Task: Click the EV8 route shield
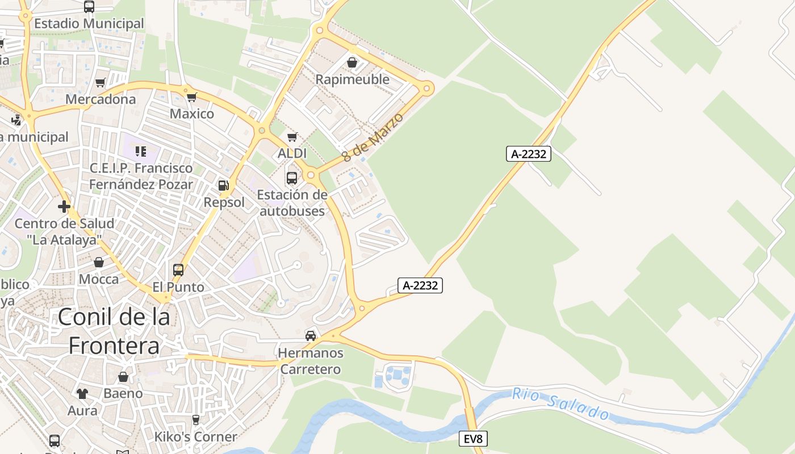pyautogui.click(x=472, y=438)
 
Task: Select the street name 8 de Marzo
pyautogui.click(x=373, y=137)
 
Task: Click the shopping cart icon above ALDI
pyautogui.click(x=292, y=137)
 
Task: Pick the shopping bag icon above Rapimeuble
pyautogui.click(x=352, y=62)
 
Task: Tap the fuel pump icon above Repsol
pyautogui.click(x=224, y=185)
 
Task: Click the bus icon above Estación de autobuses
pyautogui.click(x=292, y=178)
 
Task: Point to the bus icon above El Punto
pyautogui.click(x=178, y=270)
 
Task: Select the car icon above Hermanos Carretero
pyautogui.click(x=311, y=335)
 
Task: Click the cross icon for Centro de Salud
pyautogui.click(x=64, y=206)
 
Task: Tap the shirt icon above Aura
pyautogui.click(x=82, y=393)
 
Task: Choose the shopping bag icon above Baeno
pyautogui.click(x=123, y=377)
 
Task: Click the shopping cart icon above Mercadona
pyautogui.click(x=101, y=83)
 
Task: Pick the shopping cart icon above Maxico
pyautogui.click(x=192, y=97)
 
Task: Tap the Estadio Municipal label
pyautogui.click(x=89, y=24)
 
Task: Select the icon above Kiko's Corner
pyautogui.click(x=196, y=420)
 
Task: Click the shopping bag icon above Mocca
pyautogui.click(x=99, y=262)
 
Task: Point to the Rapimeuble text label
pyautogui.click(x=352, y=79)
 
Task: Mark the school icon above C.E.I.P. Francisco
pyautogui.click(x=141, y=152)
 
